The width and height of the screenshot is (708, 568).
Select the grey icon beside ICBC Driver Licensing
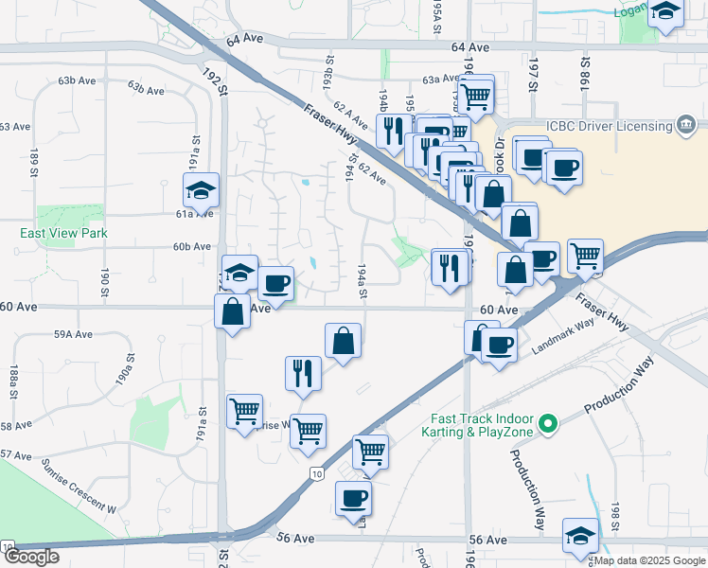685,125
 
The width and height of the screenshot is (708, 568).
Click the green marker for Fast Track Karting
546,424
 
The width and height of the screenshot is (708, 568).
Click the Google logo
31,558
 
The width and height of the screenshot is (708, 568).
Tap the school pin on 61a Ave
201,190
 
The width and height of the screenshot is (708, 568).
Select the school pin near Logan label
665,11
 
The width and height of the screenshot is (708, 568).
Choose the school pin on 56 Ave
579,536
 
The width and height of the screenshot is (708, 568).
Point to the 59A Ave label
73,334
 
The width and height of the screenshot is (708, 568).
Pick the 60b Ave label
190,246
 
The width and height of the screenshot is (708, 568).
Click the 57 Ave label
16,455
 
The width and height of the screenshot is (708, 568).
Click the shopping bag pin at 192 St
232,311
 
